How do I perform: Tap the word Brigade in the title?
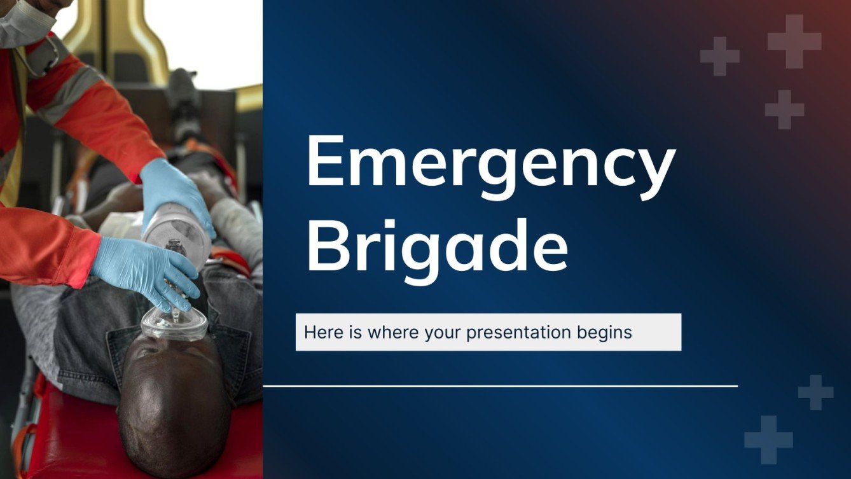coord(437,245)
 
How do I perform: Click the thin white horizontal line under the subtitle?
coord(500,385)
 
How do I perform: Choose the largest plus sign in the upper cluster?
coord(794,41)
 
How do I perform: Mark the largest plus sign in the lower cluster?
coord(768,440)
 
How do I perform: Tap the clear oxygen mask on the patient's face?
coord(174,324)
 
